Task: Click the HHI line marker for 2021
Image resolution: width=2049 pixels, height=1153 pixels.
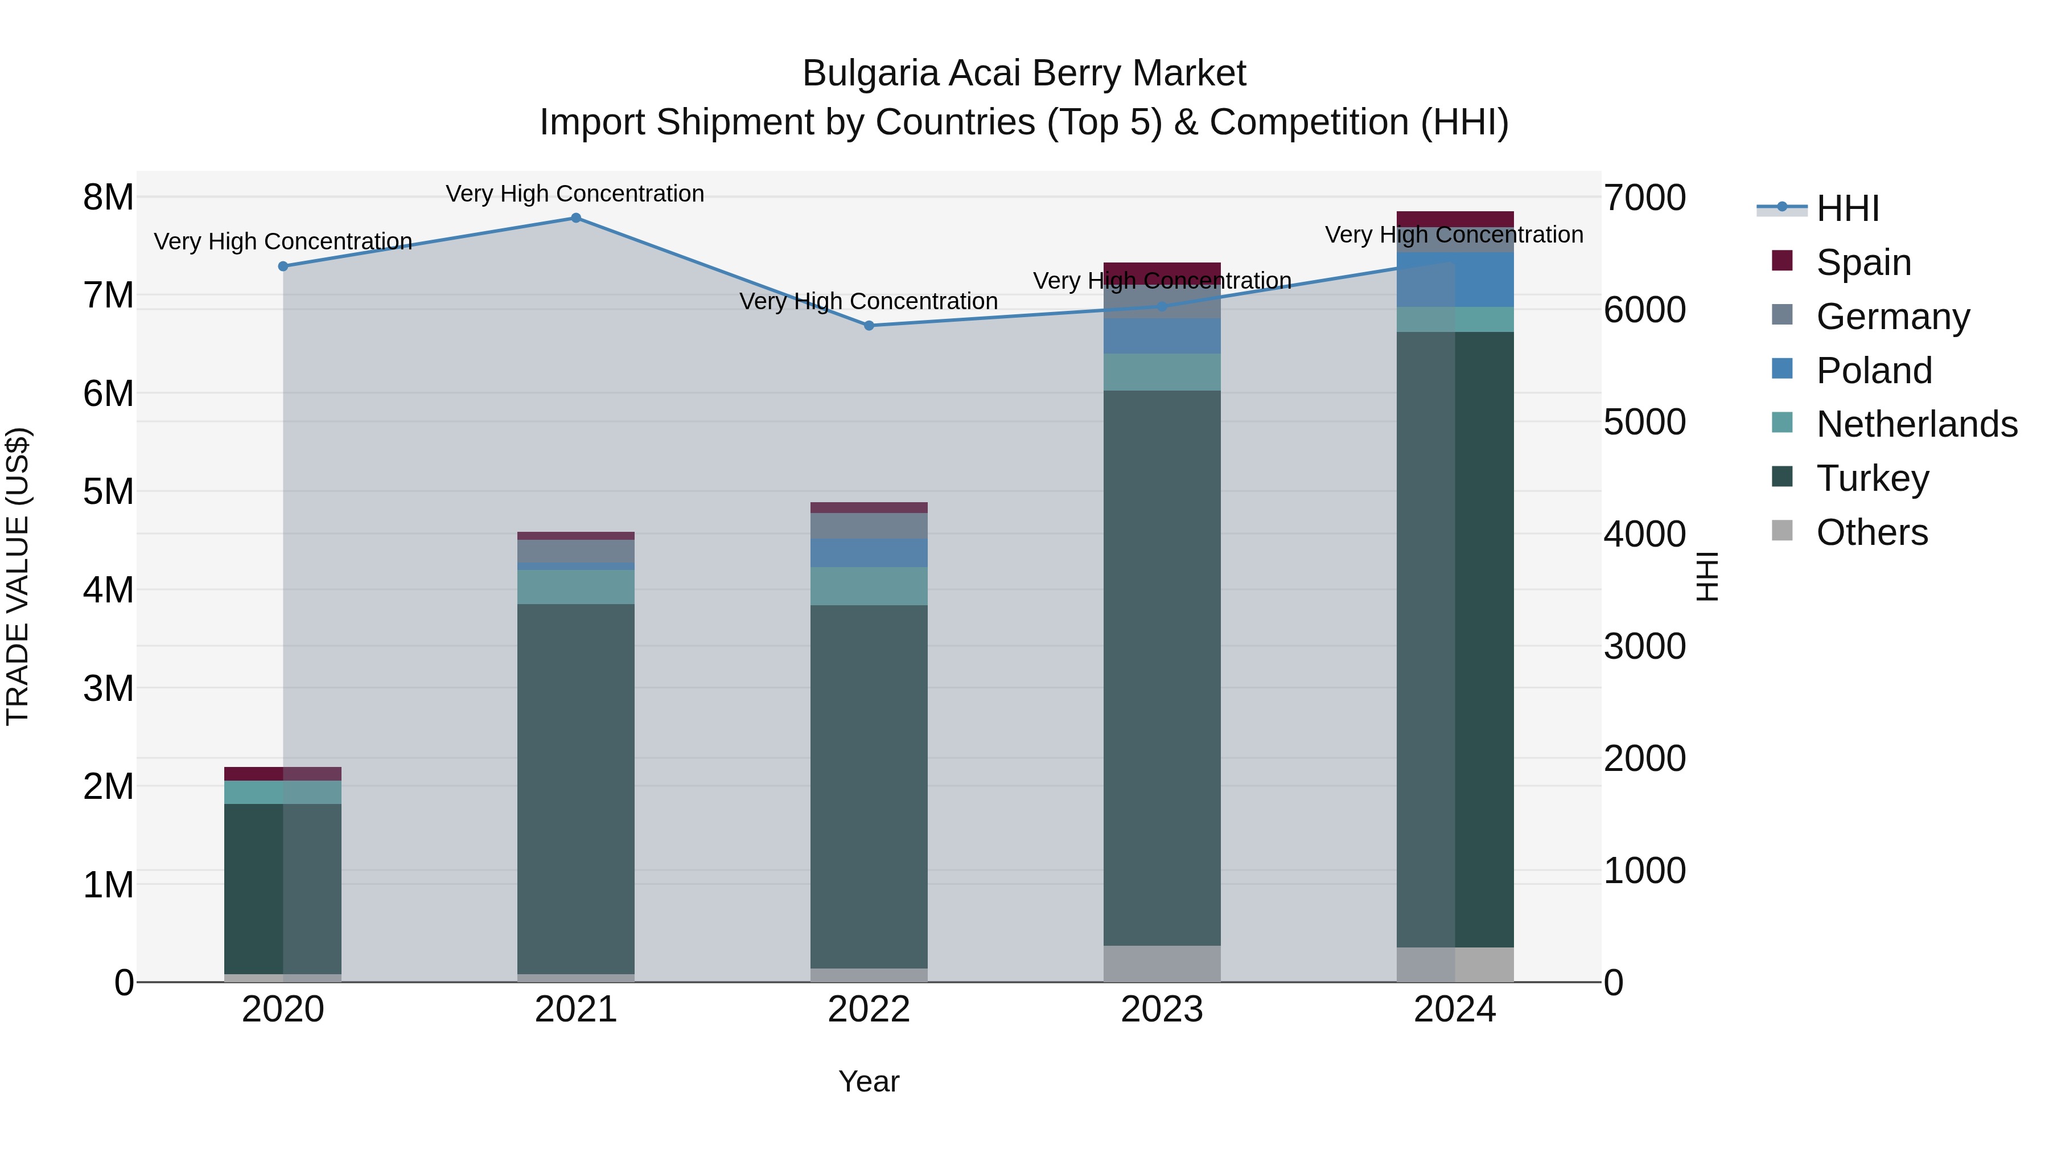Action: [x=576, y=218]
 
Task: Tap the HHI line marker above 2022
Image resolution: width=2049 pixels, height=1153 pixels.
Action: [x=869, y=326]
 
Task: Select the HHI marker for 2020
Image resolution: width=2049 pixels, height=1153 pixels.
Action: [x=283, y=266]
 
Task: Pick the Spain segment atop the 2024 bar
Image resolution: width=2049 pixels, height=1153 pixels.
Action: [x=1455, y=220]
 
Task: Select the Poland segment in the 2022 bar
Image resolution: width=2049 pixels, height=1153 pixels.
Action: [x=869, y=553]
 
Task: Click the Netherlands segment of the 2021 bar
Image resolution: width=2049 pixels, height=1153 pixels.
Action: [x=576, y=587]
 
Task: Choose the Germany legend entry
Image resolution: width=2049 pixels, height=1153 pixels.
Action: [x=1892, y=317]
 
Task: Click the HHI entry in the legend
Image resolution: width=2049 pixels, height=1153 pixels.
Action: [x=1847, y=208]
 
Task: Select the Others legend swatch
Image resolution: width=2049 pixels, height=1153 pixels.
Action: [x=1783, y=531]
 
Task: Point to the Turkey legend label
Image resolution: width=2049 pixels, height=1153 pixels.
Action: [x=1873, y=478]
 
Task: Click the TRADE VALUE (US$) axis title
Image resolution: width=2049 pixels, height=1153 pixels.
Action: [x=18, y=576]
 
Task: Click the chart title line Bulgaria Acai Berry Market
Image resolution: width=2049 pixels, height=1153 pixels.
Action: [x=1024, y=73]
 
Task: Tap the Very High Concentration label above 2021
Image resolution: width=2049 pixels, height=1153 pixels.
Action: [x=575, y=194]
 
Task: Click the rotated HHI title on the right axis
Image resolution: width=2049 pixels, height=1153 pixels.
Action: [x=1707, y=576]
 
